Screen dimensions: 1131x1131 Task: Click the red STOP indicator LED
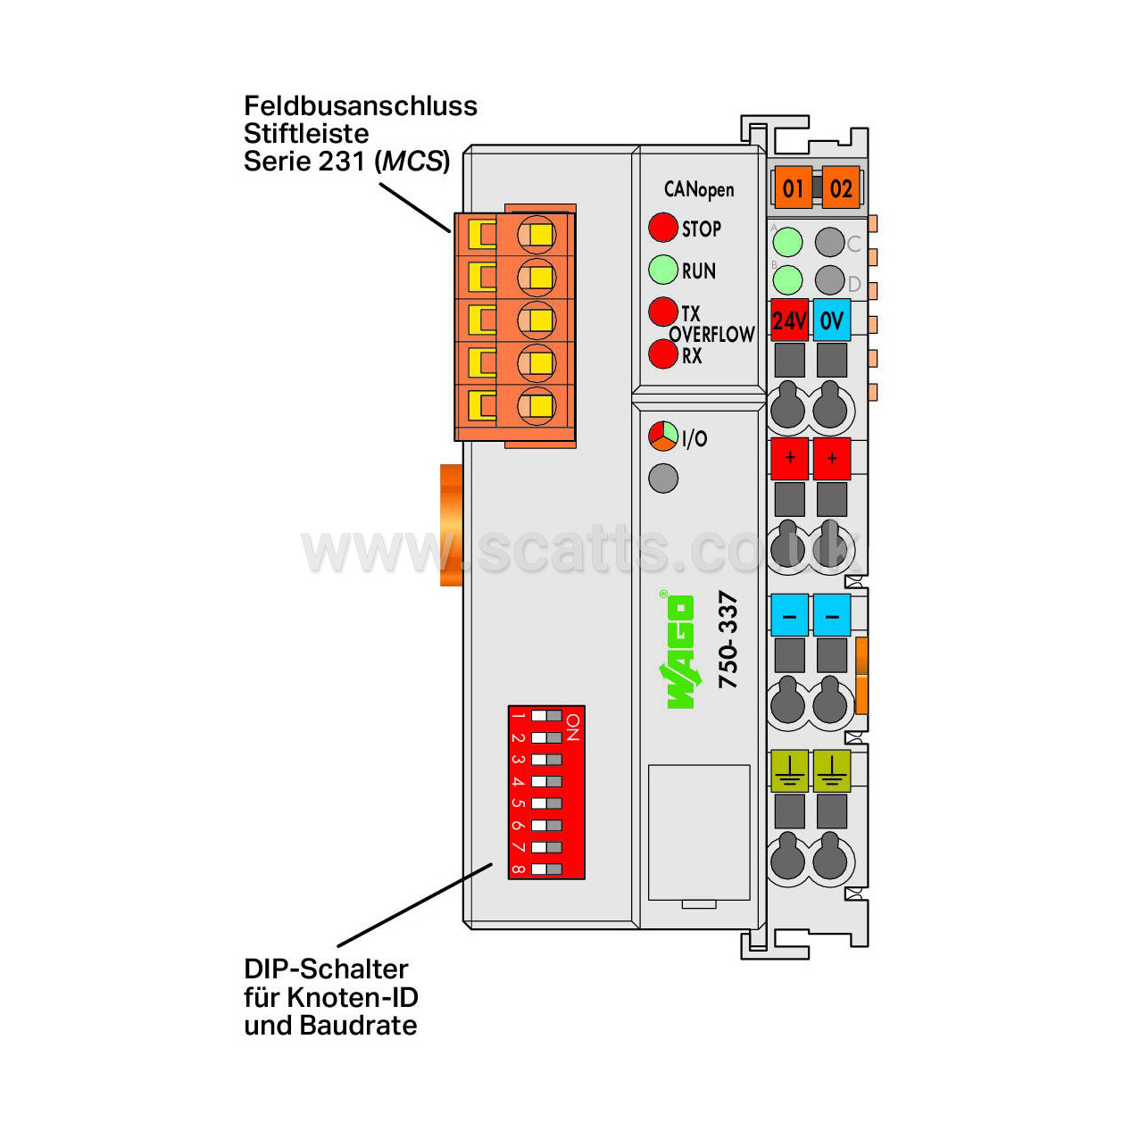point(662,227)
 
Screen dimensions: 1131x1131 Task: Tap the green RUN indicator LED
point(662,270)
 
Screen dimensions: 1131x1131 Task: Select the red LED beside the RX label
point(662,353)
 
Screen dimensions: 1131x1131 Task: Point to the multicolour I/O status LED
point(662,436)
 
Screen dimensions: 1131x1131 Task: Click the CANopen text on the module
point(698,189)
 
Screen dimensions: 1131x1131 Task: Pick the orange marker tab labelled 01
point(793,187)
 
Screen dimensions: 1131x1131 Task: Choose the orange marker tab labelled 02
point(841,187)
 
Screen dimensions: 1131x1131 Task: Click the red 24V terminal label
point(789,320)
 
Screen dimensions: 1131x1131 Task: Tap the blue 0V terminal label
point(832,320)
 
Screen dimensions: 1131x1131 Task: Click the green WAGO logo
point(680,652)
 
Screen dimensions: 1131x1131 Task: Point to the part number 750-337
point(728,640)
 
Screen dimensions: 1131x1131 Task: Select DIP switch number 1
point(546,715)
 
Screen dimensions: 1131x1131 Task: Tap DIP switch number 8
point(546,869)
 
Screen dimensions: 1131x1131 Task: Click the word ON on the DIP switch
point(573,728)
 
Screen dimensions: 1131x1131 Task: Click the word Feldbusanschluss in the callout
point(361,106)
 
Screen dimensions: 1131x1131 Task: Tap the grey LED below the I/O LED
point(663,478)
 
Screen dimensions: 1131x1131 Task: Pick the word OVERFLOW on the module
point(712,334)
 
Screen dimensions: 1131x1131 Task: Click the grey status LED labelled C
point(829,242)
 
